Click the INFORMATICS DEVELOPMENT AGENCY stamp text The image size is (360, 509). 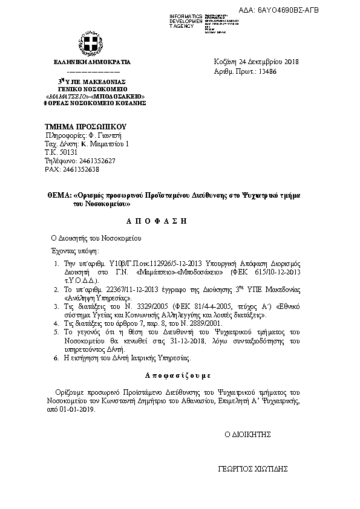point(187,21)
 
